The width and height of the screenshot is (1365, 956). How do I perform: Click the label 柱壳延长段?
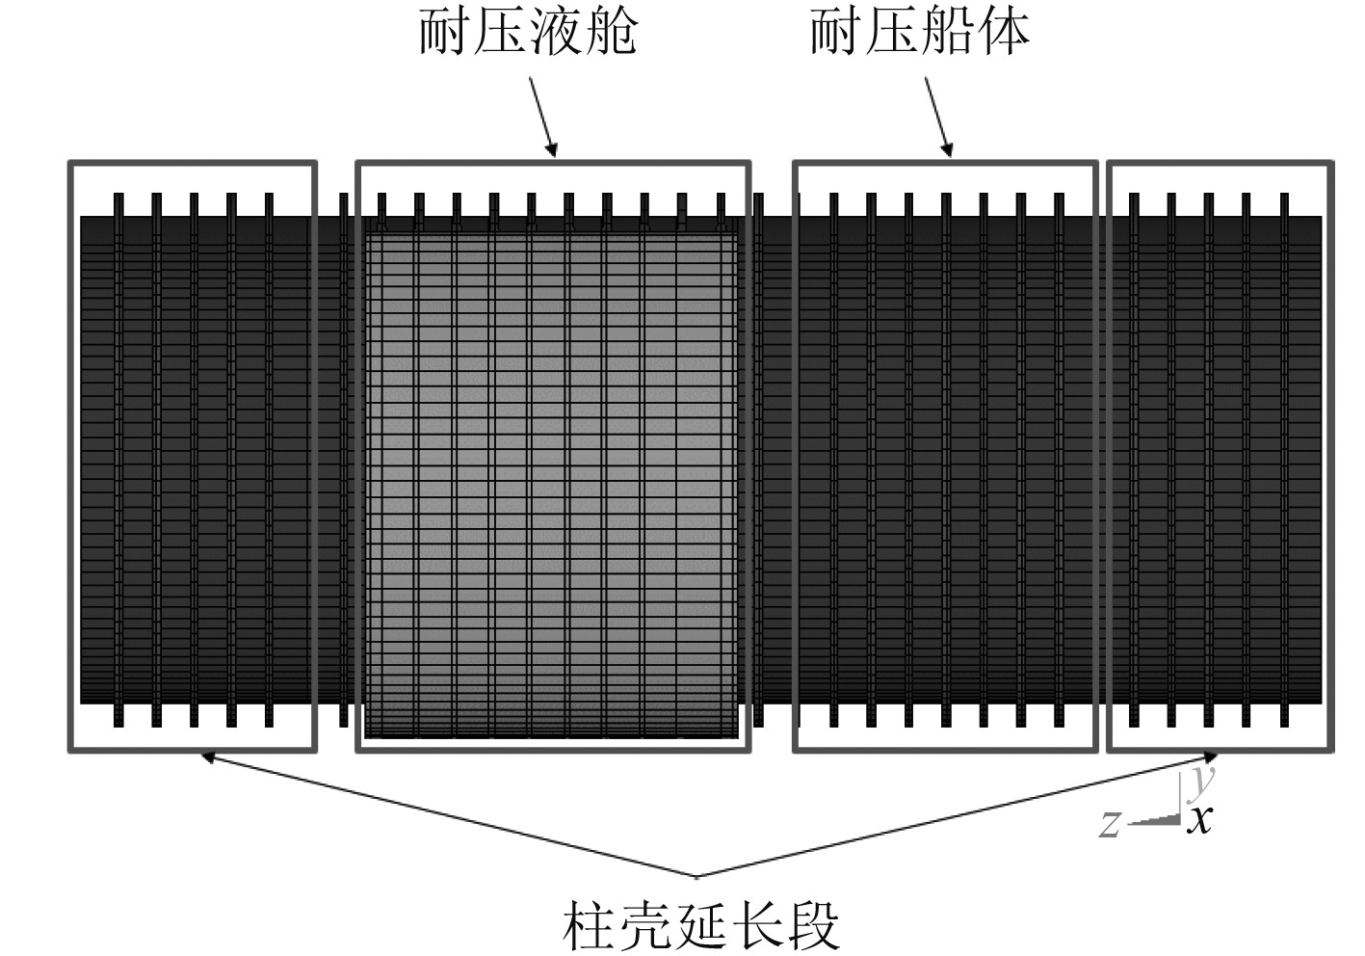(701, 924)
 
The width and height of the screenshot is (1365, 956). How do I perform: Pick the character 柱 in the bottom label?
(590, 924)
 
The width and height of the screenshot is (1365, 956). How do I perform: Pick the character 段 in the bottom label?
(812, 924)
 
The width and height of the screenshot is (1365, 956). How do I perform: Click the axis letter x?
(1199, 820)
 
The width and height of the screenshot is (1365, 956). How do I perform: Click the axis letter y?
(1201, 781)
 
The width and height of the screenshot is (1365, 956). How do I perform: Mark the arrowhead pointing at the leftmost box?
(205, 757)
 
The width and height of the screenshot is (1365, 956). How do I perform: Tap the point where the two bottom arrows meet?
(696, 876)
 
